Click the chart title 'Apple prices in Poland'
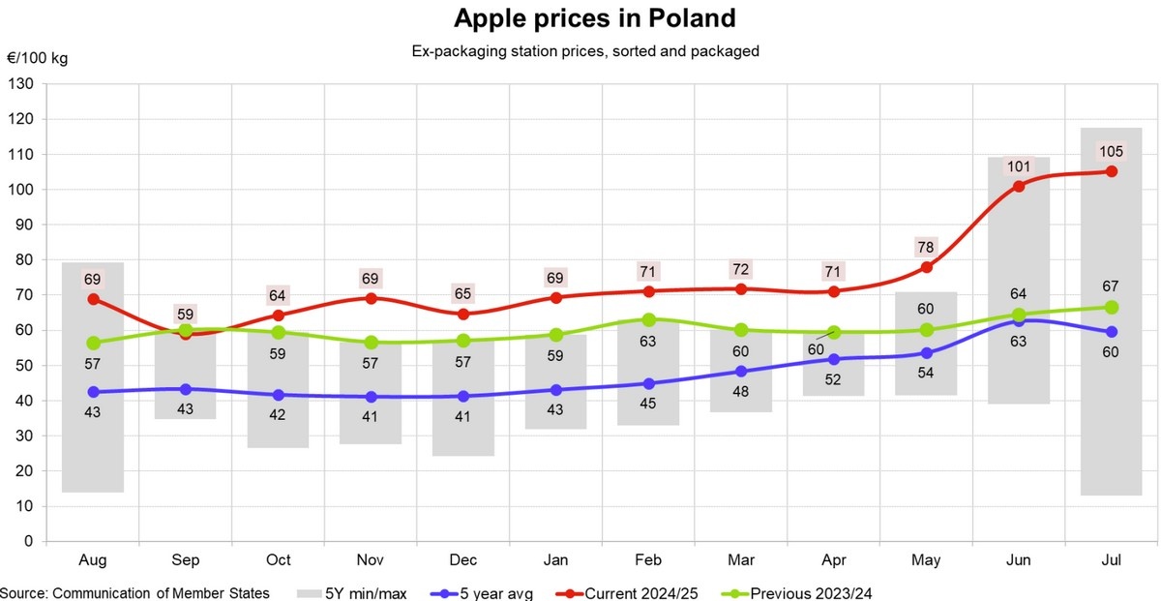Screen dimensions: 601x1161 (595, 18)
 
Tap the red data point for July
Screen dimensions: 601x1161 (1112, 171)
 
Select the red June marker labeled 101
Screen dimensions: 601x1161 (1019, 186)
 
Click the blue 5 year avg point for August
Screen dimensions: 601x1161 (92, 392)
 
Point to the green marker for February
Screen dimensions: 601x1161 (648, 319)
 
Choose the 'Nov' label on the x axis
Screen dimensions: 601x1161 (371, 561)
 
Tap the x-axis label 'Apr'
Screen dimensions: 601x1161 (833, 561)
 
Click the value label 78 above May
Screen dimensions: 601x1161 (926, 245)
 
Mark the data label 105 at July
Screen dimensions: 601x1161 (1112, 151)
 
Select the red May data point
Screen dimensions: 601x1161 (926, 267)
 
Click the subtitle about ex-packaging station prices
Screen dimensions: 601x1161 (585, 51)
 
